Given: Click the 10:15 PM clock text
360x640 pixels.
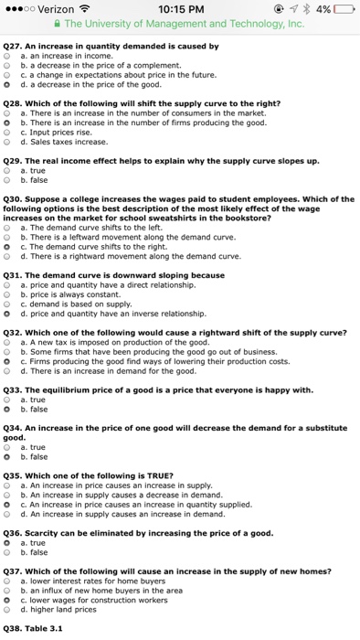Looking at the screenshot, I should (x=179, y=9).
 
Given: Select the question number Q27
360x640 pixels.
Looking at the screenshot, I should (x=13, y=46).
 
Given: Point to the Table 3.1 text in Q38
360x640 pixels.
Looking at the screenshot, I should (x=44, y=628).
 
